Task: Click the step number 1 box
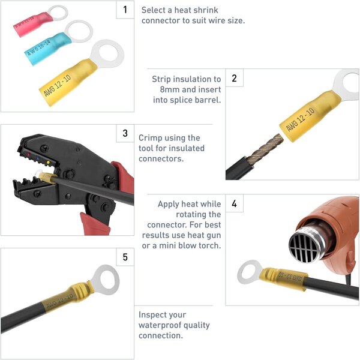point(125,10)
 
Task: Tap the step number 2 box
point(234,78)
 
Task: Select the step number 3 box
point(125,133)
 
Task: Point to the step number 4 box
point(234,204)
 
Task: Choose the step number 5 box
point(125,257)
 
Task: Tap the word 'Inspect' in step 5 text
point(154,315)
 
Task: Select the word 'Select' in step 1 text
point(154,10)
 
